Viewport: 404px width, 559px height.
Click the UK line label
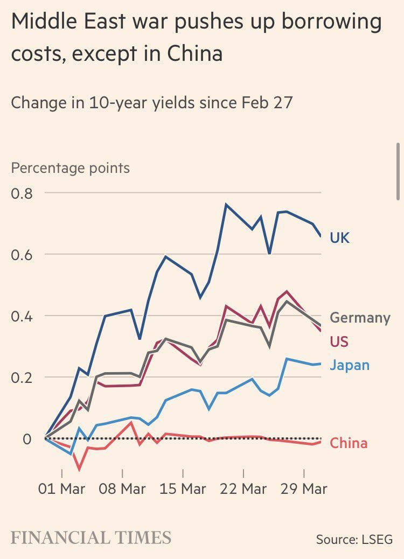point(339,237)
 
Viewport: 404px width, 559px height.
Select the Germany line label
point(359,318)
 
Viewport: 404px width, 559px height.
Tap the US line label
point(339,341)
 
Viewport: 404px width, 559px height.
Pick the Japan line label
point(349,365)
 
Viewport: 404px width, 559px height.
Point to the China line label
point(348,443)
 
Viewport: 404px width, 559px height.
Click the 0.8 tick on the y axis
point(22,193)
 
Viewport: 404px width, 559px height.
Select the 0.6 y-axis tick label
point(22,254)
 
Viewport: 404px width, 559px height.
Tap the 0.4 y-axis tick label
point(22,316)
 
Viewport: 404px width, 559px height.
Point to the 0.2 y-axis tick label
point(22,377)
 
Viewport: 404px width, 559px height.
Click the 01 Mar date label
point(62,489)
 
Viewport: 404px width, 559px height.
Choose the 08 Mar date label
point(123,489)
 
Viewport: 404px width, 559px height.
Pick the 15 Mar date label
point(183,489)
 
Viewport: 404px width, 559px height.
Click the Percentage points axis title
point(71,168)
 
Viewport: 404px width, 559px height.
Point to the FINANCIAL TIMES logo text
point(91,537)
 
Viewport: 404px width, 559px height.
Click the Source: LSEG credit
point(354,539)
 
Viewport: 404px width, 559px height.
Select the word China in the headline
point(195,54)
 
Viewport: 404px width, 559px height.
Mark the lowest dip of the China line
point(80,470)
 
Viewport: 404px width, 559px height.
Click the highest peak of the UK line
point(226,205)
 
